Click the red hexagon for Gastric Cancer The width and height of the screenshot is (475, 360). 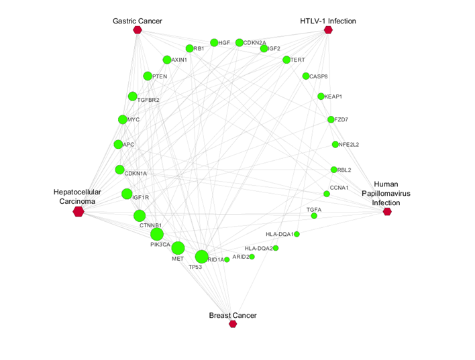pyautogui.click(x=138, y=30)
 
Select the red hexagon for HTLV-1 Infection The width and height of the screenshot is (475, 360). pyautogui.click(x=328, y=30)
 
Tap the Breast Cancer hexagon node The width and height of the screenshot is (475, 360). pyautogui.click(x=233, y=324)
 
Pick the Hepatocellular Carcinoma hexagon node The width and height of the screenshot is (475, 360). pyautogui.click(x=78, y=212)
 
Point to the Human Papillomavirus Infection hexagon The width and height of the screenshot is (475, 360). pyautogui.click(x=387, y=212)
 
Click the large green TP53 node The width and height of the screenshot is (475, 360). pyautogui.click(x=201, y=257)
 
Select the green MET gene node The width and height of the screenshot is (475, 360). pyautogui.click(x=178, y=248)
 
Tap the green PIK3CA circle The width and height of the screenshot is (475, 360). pyautogui.click(x=157, y=234)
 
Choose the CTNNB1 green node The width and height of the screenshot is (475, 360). pyautogui.click(x=140, y=216)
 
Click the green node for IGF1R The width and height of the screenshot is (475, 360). pyautogui.click(x=127, y=194)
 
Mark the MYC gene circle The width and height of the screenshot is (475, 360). pyautogui.click(x=122, y=120)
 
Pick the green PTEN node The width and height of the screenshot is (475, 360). pyautogui.click(x=148, y=76)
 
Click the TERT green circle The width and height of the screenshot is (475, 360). pyautogui.click(x=286, y=60)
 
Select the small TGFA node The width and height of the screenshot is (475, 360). pyautogui.click(x=314, y=216)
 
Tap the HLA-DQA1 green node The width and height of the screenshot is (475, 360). pyautogui.click(x=297, y=234)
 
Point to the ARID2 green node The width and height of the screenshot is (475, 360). pyautogui.click(x=252, y=256)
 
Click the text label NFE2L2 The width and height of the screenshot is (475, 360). pyautogui.click(x=350, y=145)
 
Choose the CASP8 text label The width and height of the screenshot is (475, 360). pyautogui.click(x=319, y=76)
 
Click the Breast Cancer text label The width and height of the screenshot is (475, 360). pyautogui.click(x=233, y=315)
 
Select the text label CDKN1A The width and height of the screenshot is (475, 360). pyautogui.click(x=136, y=174)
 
